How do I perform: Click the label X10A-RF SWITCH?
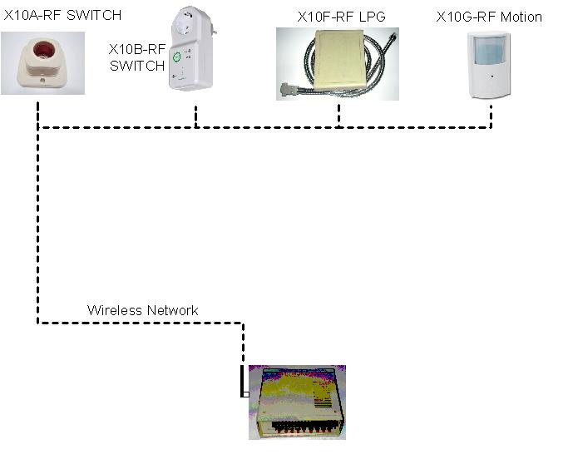click(x=62, y=15)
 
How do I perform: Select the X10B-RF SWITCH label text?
click(x=136, y=57)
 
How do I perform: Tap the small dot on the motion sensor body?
click(x=491, y=76)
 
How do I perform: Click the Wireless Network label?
click(x=143, y=310)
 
